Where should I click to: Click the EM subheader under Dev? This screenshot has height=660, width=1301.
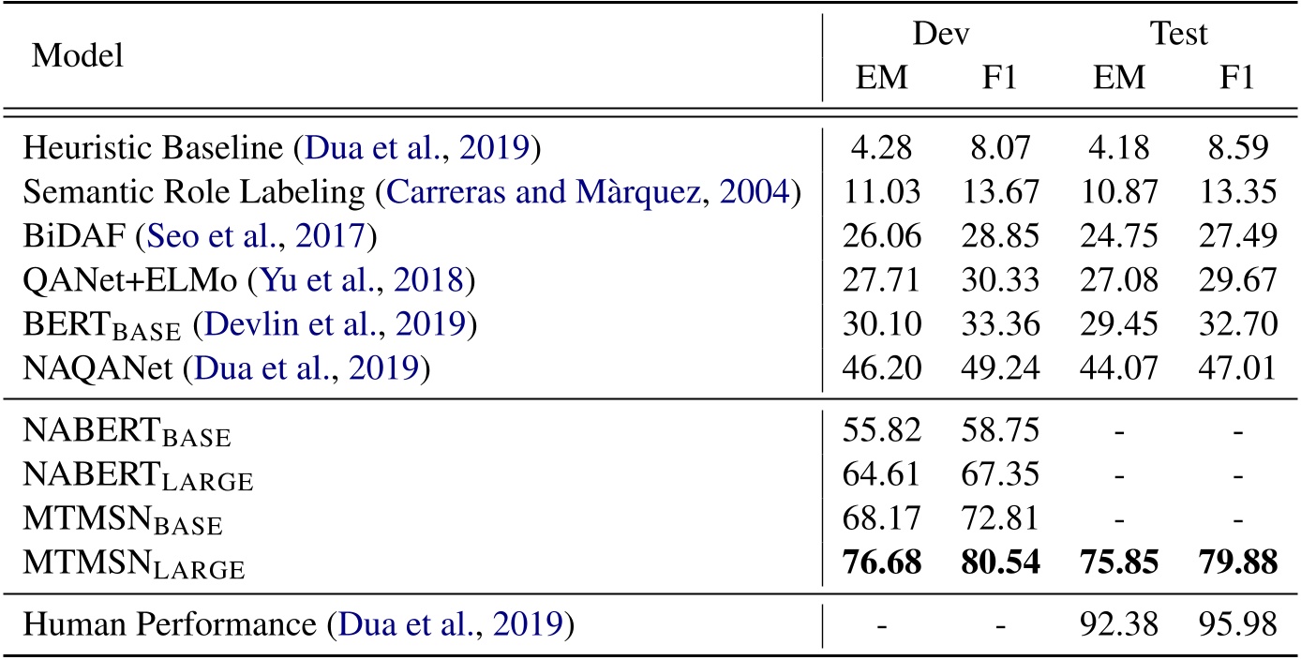(x=882, y=79)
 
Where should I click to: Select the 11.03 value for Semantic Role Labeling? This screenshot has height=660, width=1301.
(x=882, y=192)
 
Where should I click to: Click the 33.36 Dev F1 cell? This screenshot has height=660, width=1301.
(x=1000, y=324)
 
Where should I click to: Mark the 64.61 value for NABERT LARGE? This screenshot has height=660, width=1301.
(x=882, y=475)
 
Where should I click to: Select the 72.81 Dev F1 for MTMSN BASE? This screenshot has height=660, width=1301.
(x=1000, y=519)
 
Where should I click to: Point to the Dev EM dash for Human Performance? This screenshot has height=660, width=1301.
(x=882, y=623)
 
